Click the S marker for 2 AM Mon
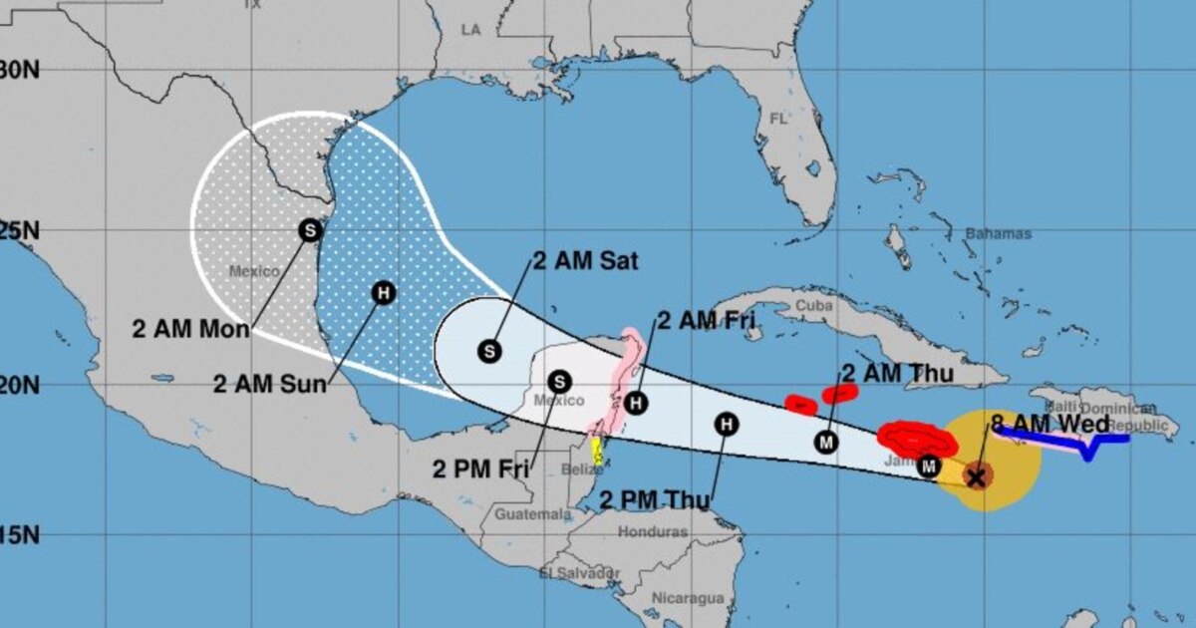pyautogui.click(x=309, y=229)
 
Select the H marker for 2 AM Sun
pyautogui.click(x=383, y=292)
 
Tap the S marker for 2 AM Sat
pyautogui.click(x=489, y=350)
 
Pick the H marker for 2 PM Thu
pyautogui.click(x=728, y=424)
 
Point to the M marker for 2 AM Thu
pyautogui.click(x=826, y=442)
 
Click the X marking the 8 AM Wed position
pyautogui.click(x=977, y=477)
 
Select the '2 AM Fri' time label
pyautogui.click(x=706, y=320)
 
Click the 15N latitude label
pyautogui.click(x=18, y=536)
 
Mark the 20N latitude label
pyautogui.click(x=18, y=384)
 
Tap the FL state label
pyautogui.click(x=777, y=119)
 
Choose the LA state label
pyautogui.click(x=471, y=31)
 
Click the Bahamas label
pyautogui.click(x=998, y=234)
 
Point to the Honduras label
pyautogui.click(x=653, y=531)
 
